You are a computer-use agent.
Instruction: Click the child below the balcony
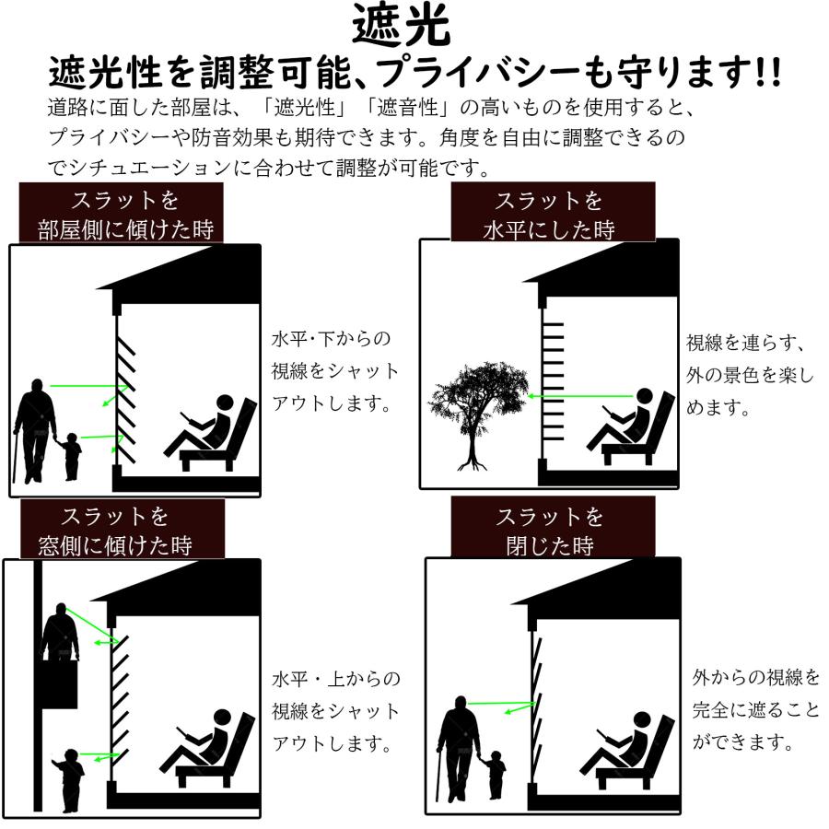click(x=68, y=778)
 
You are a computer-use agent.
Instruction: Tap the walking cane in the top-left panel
click(x=17, y=456)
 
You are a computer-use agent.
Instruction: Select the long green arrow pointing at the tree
click(x=580, y=397)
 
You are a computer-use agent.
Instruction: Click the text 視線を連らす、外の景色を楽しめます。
click(x=748, y=375)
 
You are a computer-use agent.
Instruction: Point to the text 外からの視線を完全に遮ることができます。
click(x=755, y=709)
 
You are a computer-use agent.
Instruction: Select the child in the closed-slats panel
click(x=496, y=774)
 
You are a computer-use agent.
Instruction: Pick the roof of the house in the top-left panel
click(x=180, y=276)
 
